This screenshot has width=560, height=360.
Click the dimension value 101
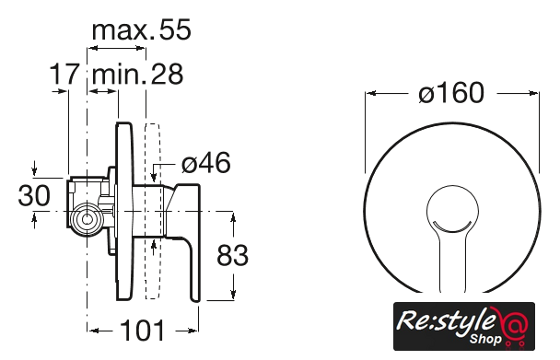pos(143,331)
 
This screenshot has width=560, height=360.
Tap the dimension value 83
pos(232,255)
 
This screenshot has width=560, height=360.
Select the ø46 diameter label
pos(206,163)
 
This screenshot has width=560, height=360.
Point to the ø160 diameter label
pos(451,93)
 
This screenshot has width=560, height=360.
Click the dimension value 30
pos(34,195)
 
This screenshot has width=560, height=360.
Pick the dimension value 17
pos(64,74)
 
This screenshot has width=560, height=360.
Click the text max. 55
pos(142,29)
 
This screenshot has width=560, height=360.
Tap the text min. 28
pos(137,74)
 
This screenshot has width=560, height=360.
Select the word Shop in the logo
pos(485,339)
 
